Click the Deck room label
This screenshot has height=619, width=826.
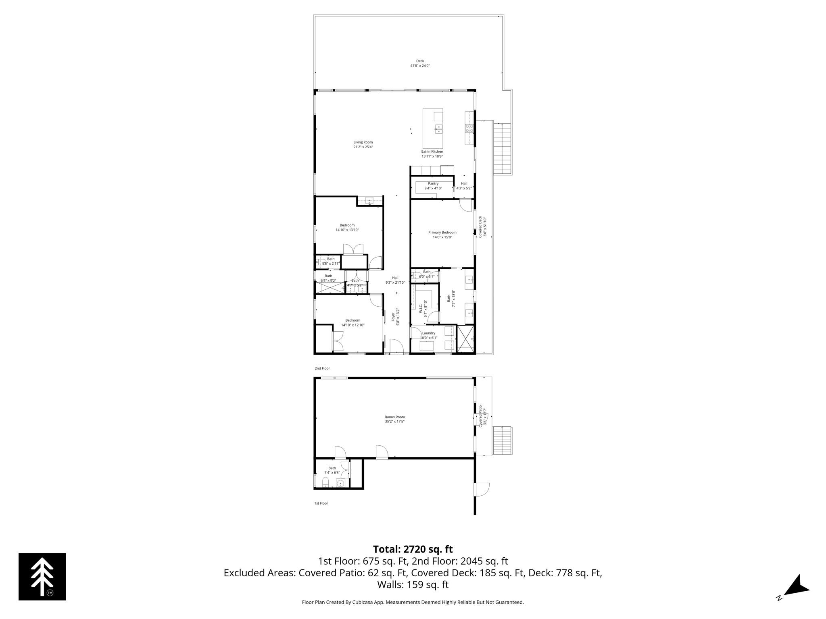click(x=420, y=61)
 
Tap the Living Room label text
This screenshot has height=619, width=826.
click(x=363, y=142)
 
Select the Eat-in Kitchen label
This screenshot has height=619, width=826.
click(x=432, y=152)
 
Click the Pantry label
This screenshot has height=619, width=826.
click(x=433, y=183)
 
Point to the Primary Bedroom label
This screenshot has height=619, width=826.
click(x=442, y=233)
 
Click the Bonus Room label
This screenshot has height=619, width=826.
click(x=394, y=417)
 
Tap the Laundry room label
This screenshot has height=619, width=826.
click(x=428, y=333)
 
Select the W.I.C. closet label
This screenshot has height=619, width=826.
click(x=420, y=306)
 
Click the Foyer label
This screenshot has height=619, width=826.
click(x=393, y=315)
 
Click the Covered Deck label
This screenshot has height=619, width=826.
click(x=480, y=226)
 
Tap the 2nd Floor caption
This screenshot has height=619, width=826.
click(x=322, y=368)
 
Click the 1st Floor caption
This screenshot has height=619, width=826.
click(x=321, y=503)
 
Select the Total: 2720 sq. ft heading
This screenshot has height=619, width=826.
click(x=413, y=549)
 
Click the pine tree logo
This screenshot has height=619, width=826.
click(x=42, y=577)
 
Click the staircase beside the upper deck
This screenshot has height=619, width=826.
click(x=502, y=148)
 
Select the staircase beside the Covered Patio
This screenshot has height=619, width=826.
click(x=502, y=440)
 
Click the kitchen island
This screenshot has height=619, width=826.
click(x=432, y=128)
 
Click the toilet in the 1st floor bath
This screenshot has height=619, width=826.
click(x=325, y=482)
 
